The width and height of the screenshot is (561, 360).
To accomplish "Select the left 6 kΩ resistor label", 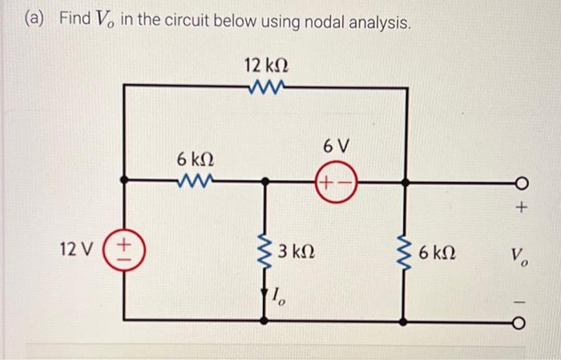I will click(194, 159).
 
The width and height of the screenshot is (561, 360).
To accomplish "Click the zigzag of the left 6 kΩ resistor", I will click(195, 181).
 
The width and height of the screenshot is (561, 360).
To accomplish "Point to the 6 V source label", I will click(337, 146).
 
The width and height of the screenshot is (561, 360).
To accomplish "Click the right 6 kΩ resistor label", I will click(439, 252).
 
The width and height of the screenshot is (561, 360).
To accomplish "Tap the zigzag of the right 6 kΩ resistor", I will click(406, 251).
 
